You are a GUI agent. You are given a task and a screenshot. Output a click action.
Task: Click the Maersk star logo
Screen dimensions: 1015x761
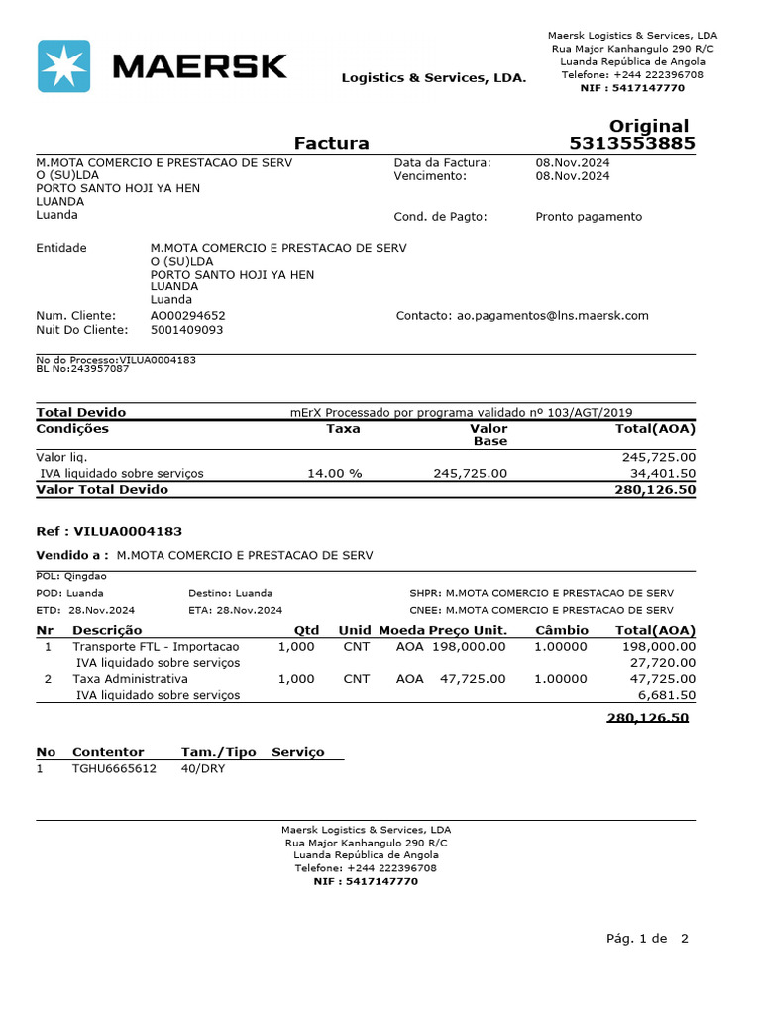(63, 66)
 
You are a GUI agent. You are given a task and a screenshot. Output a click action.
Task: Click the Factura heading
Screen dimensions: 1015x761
(331, 143)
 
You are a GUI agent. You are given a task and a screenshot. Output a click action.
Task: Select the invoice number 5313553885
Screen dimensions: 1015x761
(631, 144)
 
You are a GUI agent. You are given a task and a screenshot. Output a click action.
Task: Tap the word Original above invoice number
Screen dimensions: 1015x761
(648, 126)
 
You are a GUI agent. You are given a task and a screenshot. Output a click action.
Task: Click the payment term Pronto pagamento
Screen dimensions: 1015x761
(589, 217)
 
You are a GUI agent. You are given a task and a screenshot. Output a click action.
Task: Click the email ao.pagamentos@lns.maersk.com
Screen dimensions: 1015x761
(552, 316)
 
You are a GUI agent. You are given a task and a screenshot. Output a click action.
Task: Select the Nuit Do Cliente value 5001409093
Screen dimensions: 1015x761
(186, 330)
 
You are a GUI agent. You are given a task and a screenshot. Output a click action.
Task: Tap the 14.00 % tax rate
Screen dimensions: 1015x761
(335, 474)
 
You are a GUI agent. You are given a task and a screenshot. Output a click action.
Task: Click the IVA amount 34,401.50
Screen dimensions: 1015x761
(662, 474)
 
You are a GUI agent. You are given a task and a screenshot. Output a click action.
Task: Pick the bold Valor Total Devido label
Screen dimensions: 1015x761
(102, 489)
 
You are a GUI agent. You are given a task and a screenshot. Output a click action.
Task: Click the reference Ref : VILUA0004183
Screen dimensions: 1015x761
(109, 532)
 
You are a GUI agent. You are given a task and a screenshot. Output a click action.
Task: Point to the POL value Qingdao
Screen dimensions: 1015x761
(85, 576)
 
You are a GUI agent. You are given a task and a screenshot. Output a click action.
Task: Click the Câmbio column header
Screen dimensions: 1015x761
(562, 630)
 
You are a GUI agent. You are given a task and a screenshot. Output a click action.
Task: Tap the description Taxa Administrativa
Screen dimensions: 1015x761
(130, 679)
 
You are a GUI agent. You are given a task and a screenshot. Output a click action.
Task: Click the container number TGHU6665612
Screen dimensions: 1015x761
(114, 768)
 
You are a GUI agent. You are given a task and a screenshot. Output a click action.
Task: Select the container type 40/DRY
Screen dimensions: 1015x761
(202, 768)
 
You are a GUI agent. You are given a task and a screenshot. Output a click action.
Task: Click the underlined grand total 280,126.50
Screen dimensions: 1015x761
(647, 718)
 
